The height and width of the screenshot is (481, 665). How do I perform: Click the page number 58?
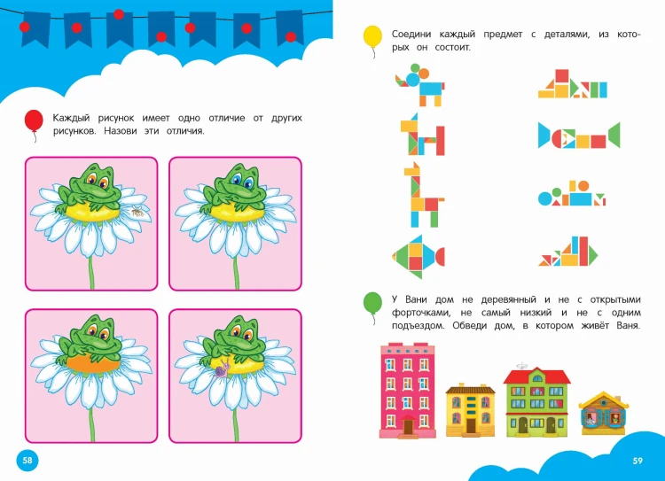pyautogui.click(x=27, y=461)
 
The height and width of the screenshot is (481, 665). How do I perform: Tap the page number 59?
pyautogui.click(x=638, y=461)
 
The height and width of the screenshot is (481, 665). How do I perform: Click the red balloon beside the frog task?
pyautogui.click(x=34, y=120)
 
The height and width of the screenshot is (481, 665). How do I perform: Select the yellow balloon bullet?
pyautogui.click(x=372, y=37)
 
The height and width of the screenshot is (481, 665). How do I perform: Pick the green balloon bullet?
pyautogui.click(x=372, y=303)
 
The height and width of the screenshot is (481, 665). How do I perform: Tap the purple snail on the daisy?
pyautogui.click(x=223, y=369)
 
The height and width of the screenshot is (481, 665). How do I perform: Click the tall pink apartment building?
pyautogui.click(x=408, y=391)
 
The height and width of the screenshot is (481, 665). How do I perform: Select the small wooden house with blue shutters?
pyautogui.click(x=603, y=413)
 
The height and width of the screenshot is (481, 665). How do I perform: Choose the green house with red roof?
pyautogui.click(x=536, y=402)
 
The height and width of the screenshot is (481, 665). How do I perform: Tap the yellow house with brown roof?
pyautogui.click(x=470, y=411)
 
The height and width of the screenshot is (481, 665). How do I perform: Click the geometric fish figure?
pyautogui.click(x=419, y=256)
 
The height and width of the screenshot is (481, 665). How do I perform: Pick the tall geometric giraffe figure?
pyautogui.click(x=422, y=195)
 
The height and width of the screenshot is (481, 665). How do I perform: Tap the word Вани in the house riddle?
pyautogui.click(x=416, y=300)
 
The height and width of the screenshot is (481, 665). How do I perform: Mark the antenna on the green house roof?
pyautogui.click(x=522, y=365)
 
